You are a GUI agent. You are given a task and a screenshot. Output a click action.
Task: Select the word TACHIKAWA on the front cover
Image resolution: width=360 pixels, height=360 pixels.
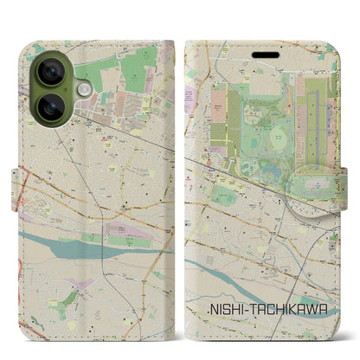pyautogui.click(x=286, y=309)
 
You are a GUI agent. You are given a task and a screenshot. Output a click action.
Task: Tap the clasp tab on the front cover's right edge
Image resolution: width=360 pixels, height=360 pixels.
pyautogui.click(x=349, y=177)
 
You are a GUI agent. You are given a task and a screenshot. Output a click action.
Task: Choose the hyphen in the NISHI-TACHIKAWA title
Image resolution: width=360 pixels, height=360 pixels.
pyautogui.click(x=245, y=309)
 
